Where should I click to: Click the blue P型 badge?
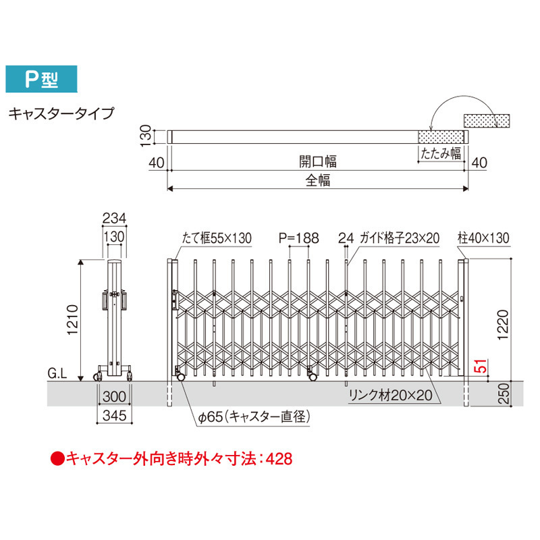pos(41,79)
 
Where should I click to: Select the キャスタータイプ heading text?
pos(61,113)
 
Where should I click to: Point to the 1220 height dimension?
pos(502,325)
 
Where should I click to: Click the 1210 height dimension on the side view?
pos(73,319)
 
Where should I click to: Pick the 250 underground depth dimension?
pos(503,394)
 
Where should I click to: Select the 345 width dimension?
pos(114,416)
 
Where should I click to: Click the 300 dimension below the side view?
pos(114,396)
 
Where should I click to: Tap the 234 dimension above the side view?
pos(114,218)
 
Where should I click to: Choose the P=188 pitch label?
pos(299,238)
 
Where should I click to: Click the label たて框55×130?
pos(217,238)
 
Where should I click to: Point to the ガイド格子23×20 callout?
pos(400,238)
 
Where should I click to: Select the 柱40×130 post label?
pos(483,238)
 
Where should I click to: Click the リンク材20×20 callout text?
pos(391,395)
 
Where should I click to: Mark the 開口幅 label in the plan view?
pos(317,161)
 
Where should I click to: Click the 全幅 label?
pos(318,180)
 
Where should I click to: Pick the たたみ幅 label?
pos(441,153)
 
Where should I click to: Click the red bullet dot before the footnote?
pos(57,459)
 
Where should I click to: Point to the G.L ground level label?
pos(57,373)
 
